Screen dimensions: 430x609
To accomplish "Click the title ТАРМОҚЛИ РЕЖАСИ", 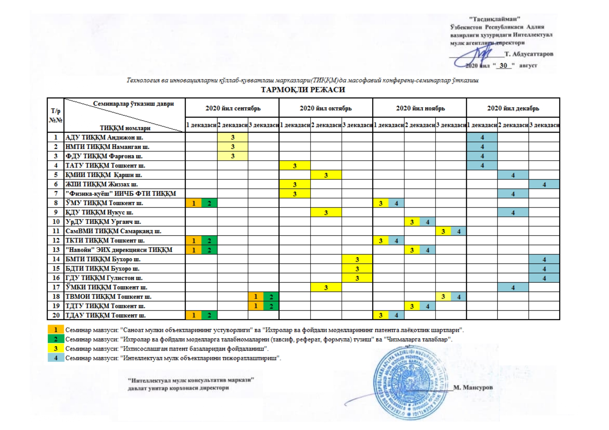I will point(303,90).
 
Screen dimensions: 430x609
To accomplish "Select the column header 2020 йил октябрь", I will point(325,108).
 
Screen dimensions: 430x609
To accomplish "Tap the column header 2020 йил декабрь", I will point(513,108).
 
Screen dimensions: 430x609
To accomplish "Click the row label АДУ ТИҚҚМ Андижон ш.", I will point(104,138).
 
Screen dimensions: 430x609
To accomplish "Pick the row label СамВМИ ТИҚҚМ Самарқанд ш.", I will point(113,231).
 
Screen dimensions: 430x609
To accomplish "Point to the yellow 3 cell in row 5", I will point(326,175).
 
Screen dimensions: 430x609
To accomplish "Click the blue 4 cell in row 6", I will point(544,184).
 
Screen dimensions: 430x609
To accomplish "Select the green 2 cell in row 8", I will point(209,203).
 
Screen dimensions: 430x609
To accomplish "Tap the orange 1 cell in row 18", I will point(256,296).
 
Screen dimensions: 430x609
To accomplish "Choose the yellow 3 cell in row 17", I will point(326,287).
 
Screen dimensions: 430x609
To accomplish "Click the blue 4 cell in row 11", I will point(459,231).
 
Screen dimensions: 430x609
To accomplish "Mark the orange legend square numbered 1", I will point(56,330).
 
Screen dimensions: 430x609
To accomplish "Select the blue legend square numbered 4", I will point(56,358).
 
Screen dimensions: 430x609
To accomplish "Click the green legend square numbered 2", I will point(56,339).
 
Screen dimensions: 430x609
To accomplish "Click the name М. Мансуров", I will point(473,387).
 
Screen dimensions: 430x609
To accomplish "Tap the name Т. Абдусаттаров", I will point(529,54).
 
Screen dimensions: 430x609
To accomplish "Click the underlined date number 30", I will point(503,65).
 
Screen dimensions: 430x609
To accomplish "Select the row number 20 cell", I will point(56,315).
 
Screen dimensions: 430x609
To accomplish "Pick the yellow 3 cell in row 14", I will point(357,259).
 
